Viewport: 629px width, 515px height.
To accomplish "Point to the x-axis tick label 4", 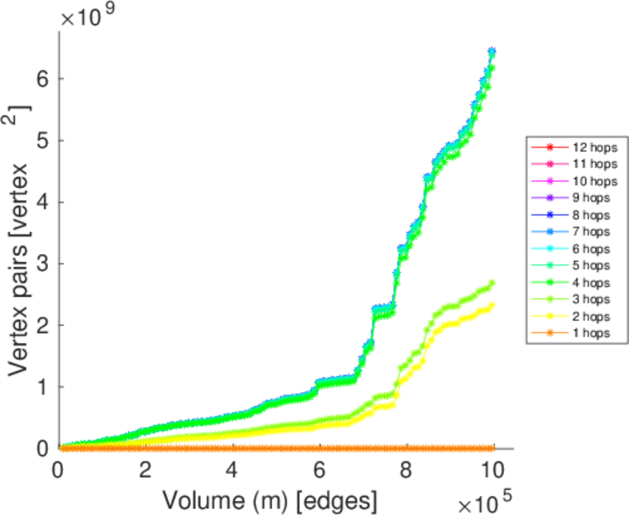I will (x=232, y=470).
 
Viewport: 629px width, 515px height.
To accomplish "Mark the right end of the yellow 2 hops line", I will (x=493, y=305).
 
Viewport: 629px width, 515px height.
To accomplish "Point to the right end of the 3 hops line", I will (x=493, y=282).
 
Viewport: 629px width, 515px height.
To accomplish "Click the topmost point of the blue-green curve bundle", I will (x=492, y=51).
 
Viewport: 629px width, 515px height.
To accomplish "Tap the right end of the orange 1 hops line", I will (x=493, y=448).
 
